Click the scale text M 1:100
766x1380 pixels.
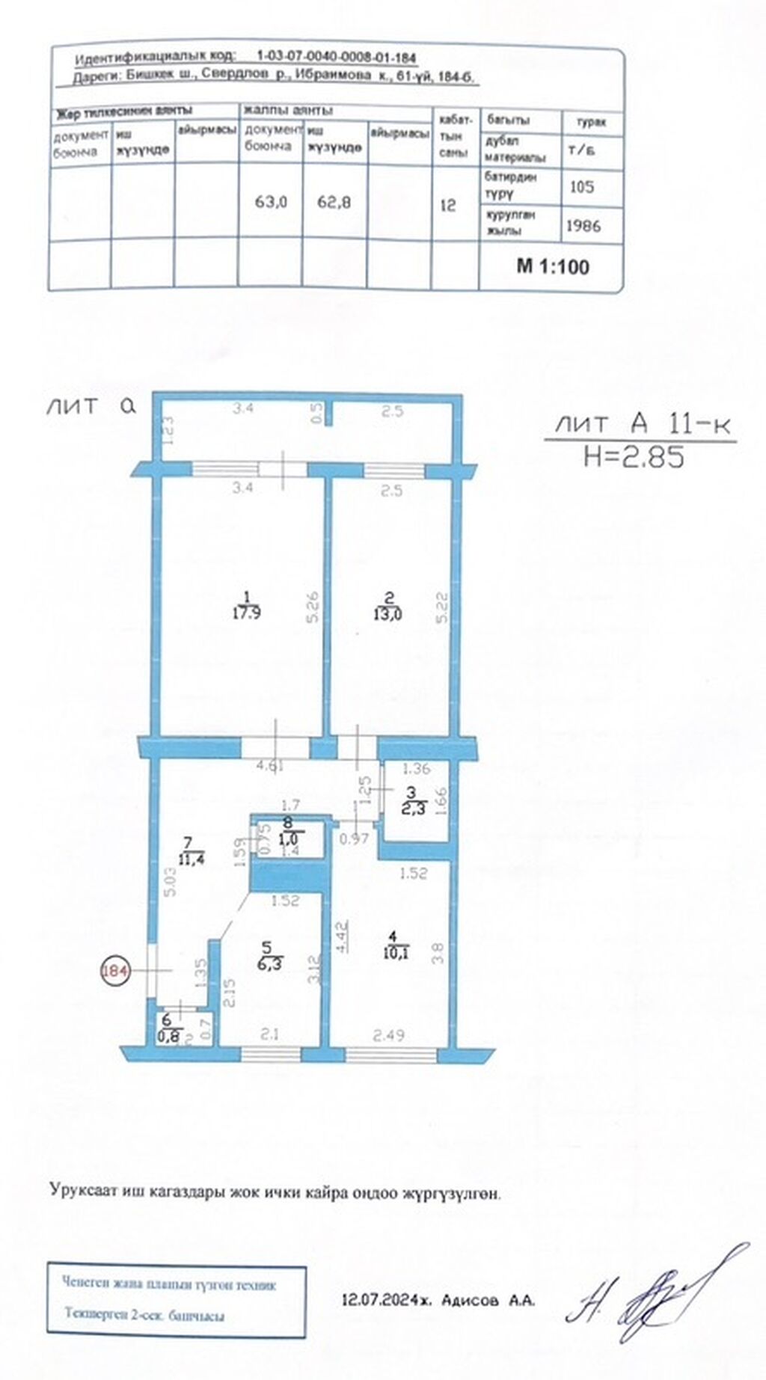(x=553, y=267)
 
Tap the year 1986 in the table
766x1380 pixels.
(x=583, y=225)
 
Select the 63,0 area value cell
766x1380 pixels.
(x=271, y=201)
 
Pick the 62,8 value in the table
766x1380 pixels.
(x=334, y=201)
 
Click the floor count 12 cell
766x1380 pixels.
(x=447, y=204)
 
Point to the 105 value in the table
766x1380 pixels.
(x=582, y=186)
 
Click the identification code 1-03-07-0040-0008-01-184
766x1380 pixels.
(x=337, y=57)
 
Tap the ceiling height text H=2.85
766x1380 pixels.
(x=634, y=457)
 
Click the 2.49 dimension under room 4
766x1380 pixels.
(x=389, y=1035)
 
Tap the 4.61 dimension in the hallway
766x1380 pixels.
(x=271, y=766)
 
